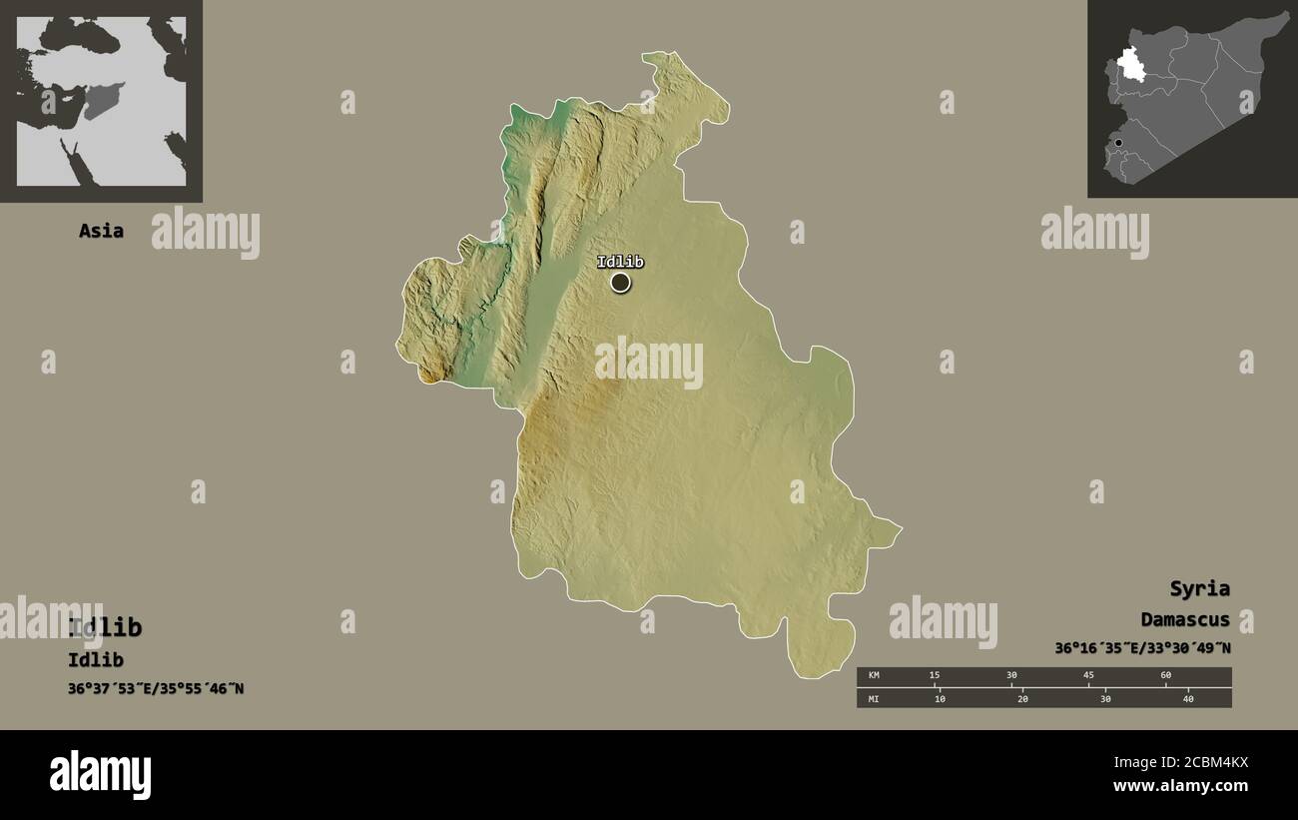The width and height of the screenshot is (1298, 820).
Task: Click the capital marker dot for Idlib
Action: tap(620, 283)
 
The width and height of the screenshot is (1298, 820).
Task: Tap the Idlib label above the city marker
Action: tap(620, 262)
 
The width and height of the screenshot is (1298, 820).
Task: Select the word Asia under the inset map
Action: tap(101, 231)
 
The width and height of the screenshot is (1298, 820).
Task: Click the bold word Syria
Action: tap(1199, 588)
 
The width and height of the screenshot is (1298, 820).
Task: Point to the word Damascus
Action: tap(1185, 620)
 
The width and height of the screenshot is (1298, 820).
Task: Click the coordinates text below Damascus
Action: tap(1142, 648)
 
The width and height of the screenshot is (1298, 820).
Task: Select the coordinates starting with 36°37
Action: tap(155, 688)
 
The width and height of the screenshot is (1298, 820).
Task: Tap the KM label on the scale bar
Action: tap(874, 676)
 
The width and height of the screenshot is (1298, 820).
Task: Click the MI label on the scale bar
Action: tap(874, 698)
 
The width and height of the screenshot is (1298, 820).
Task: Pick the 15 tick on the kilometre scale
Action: tap(935, 676)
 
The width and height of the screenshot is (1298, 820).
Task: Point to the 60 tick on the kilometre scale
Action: tap(1165, 676)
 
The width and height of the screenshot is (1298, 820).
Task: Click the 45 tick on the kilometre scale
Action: tap(1088, 676)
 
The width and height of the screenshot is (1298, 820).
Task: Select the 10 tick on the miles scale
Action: tap(940, 698)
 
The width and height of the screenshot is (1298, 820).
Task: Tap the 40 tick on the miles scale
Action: tap(1187, 698)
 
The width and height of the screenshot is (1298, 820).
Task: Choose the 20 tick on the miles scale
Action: tap(1022, 698)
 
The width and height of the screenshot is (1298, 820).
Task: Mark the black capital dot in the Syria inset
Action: tap(1118, 143)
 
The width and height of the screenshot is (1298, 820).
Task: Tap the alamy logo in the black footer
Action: tap(100, 775)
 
